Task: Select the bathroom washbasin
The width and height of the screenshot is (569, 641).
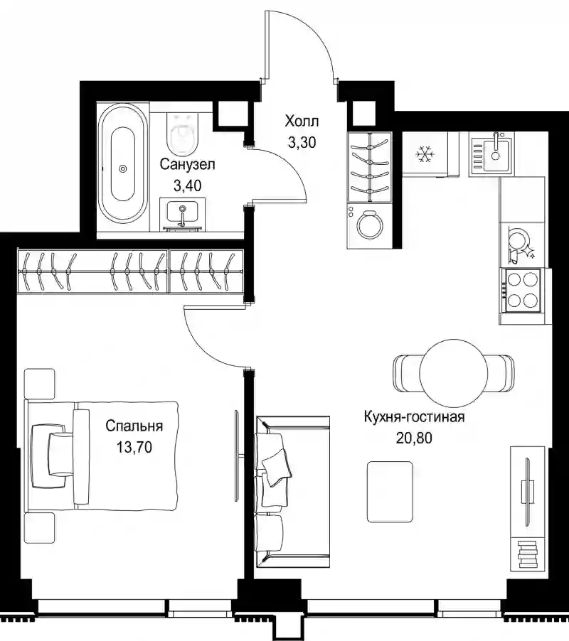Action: click(x=183, y=214)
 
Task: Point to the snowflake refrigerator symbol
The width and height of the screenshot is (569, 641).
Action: click(x=425, y=154)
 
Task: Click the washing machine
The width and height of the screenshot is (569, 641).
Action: click(x=369, y=226)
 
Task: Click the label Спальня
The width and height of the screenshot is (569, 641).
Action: click(x=134, y=426)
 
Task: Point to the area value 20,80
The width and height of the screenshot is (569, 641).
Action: click(x=414, y=438)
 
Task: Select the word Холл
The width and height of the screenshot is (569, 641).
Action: click(x=302, y=122)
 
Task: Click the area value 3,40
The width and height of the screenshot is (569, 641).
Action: click(x=187, y=186)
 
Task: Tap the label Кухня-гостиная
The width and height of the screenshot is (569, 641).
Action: click(x=415, y=417)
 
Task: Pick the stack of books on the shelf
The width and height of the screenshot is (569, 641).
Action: click(x=527, y=554)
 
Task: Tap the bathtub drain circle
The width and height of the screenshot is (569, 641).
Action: click(x=123, y=168)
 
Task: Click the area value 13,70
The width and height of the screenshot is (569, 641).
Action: click(x=134, y=447)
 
